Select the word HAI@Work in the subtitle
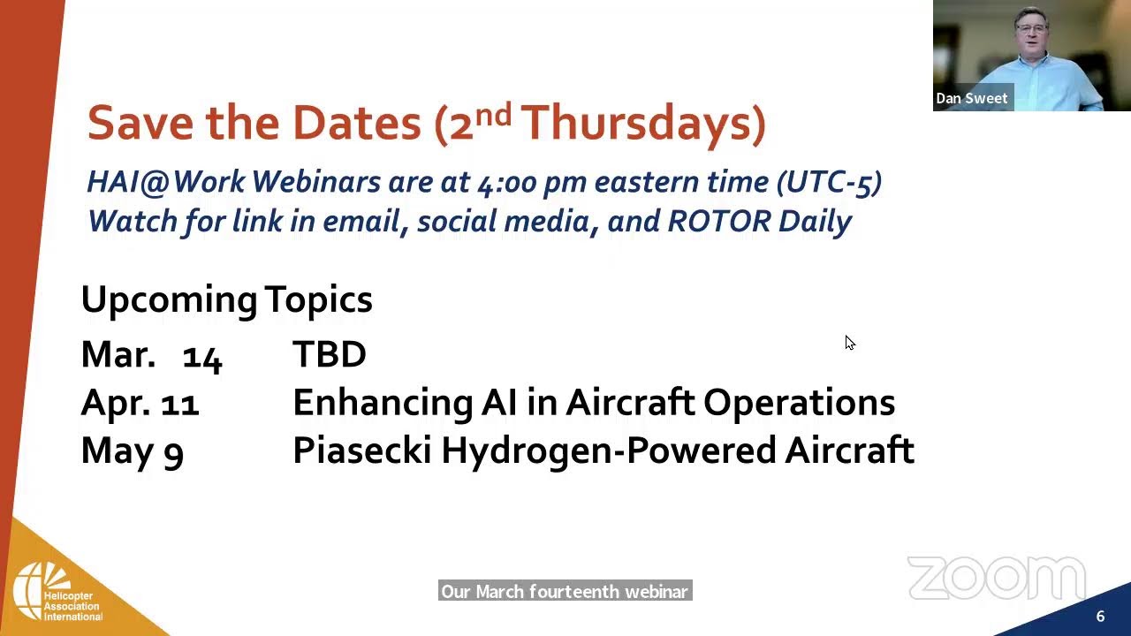click(166, 181)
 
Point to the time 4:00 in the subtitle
click(506, 182)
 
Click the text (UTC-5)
click(829, 182)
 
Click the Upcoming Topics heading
click(227, 299)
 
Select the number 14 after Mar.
click(202, 358)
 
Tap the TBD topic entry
click(330, 354)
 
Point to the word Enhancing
click(383, 404)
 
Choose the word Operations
click(799, 404)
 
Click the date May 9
click(133, 451)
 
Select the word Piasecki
click(362, 450)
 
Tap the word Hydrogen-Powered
click(609, 450)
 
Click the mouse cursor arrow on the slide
click(850, 342)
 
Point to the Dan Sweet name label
click(971, 98)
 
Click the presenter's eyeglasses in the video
click(1031, 29)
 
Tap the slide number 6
click(1100, 616)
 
